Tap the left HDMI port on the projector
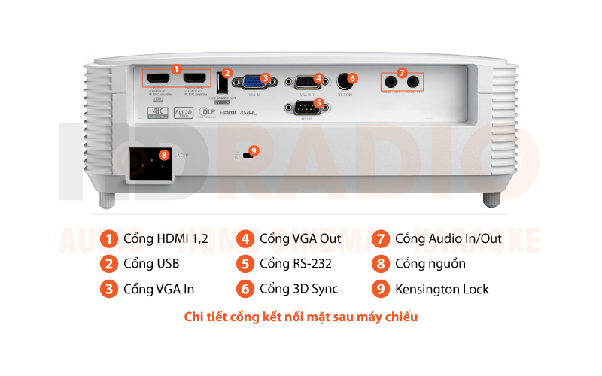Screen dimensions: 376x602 click(157, 80)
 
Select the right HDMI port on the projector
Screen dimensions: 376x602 click(196, 80)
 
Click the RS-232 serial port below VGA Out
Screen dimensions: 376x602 click(303, 108)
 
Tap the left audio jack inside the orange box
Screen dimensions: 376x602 click(391, 81)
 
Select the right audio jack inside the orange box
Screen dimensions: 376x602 click(412, 81)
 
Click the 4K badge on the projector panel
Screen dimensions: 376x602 click(157, 113)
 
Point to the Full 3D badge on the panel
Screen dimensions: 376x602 click(181, 113)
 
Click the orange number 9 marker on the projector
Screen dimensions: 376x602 click(254, 150)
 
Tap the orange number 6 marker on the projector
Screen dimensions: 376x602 click(353, 77)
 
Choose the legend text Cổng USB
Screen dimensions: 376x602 click(151, 264)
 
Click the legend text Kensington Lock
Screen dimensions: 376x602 click(442, 289)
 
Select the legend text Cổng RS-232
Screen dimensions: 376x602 click(295, 264)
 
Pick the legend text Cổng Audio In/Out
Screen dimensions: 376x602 click(448, 238)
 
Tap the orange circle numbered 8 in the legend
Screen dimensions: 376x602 click(381, 264)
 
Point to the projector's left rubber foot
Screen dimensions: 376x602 click(107, 199)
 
